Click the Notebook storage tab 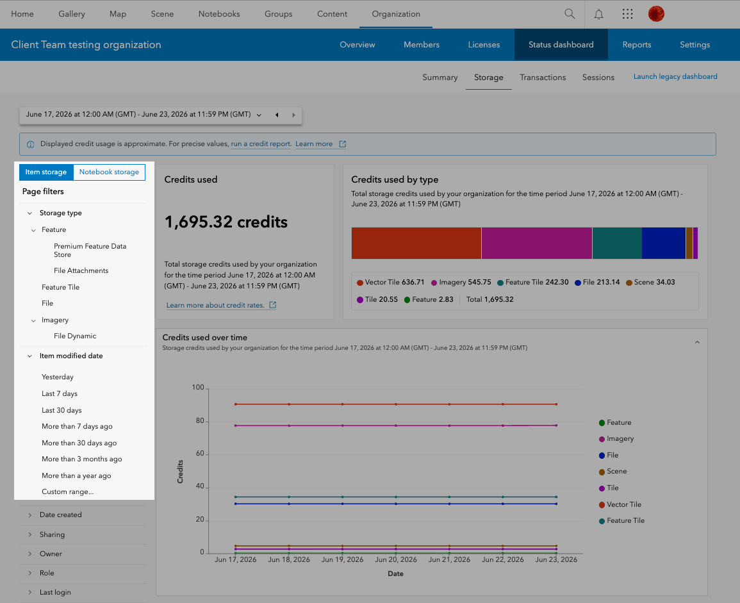coord(109,172)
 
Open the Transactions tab coord(543,78)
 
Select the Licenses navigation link coord(484,45)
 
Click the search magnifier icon coord(570,13)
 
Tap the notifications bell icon coord(598,14)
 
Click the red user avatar coord(656,13)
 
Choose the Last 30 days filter coord(62,410)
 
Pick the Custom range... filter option coord(67,491)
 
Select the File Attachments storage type coord(81,270)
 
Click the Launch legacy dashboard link coord(675,76)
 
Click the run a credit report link coord(261,144)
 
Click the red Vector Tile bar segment coord(416,243)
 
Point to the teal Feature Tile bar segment coord(617,243)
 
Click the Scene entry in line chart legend coord(613,471)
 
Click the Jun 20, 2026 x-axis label coord(396,559)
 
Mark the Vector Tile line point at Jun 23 coord(556,404)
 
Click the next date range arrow coord(293,115)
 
